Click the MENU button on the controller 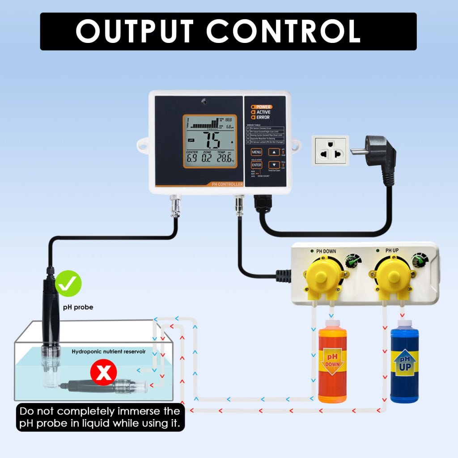coord(256,152)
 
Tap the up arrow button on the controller coord(274,152)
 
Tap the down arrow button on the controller coord(274,165)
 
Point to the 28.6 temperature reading coord(221,158)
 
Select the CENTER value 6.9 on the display coord(192,158)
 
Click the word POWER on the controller coord(263,107)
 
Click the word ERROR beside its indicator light coord(263,117)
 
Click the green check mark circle coord(68,284)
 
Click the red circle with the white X coord(104,373)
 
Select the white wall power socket coord(330,151)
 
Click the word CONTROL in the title coord(283,31)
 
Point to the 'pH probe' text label coord(78,307)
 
